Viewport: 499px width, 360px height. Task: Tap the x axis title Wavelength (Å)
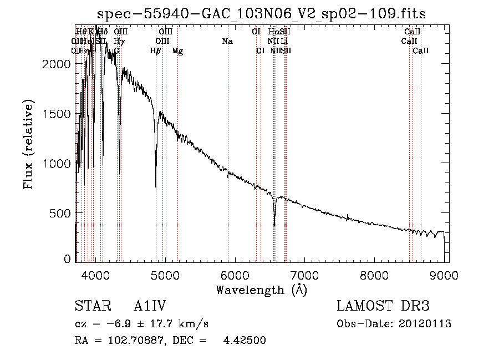tap(262, 290)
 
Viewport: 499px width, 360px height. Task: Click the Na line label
tap(227, 42)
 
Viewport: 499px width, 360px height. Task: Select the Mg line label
tap(177, 51)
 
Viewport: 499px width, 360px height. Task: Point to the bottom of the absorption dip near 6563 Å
tap(274, 225)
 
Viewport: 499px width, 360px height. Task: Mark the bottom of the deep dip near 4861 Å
tap(156, 187)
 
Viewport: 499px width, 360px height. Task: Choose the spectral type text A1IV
tap(150, 307)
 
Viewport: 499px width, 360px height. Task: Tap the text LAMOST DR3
tap(383, 307)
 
